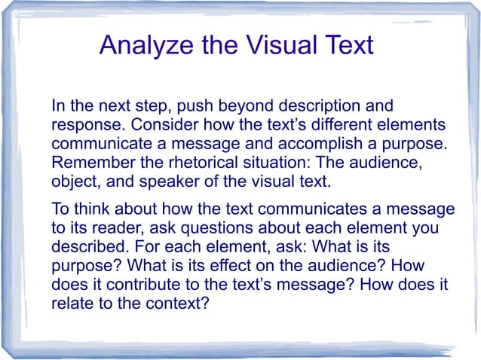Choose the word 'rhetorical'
pos(196,163)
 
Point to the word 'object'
pos(72,182)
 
